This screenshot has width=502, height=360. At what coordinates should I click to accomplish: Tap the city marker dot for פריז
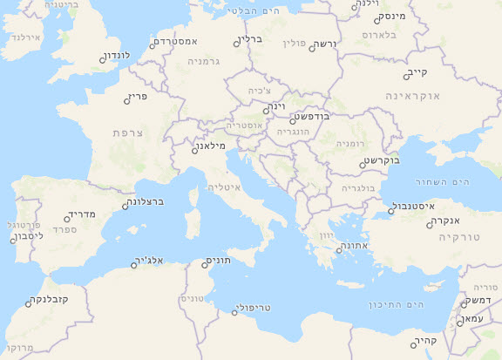pyautogui.click(x=127, y=100)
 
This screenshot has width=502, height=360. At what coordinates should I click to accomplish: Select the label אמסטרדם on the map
pyautogui.click(x=178, y=42)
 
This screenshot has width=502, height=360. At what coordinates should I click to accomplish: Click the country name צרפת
pyautogui.click(x=129, y=132)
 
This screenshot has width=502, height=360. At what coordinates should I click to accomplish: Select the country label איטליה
pyautogui.click(x=224, y=187)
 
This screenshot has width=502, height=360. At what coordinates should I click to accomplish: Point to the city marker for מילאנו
pyautogui.click(x=195, y=150)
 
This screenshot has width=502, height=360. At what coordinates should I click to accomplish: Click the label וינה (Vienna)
pyautogui.click(x=276, y=106)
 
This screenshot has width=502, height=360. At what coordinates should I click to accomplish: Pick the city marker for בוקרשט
pyautogui.click(x=362, y=164)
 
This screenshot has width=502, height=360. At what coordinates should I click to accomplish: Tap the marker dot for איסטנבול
pyautogui.click(x=391, y=210)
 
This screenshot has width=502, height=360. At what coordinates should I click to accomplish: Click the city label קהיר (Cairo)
pyautogui.click(x=426, y=342)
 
